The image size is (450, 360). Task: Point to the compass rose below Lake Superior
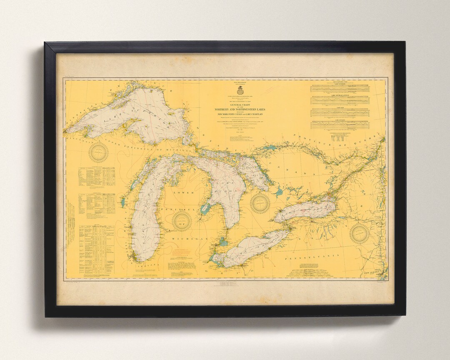pyautogui.click(x=99, y=152)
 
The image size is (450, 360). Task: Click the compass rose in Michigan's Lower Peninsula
pyautogui.click(x=182, y=220)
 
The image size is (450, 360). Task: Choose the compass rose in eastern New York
pyautogui.click(x=359, y=233)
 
